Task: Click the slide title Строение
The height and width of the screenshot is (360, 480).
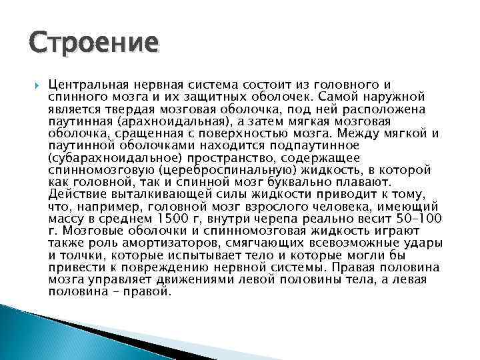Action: click(94, 43)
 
